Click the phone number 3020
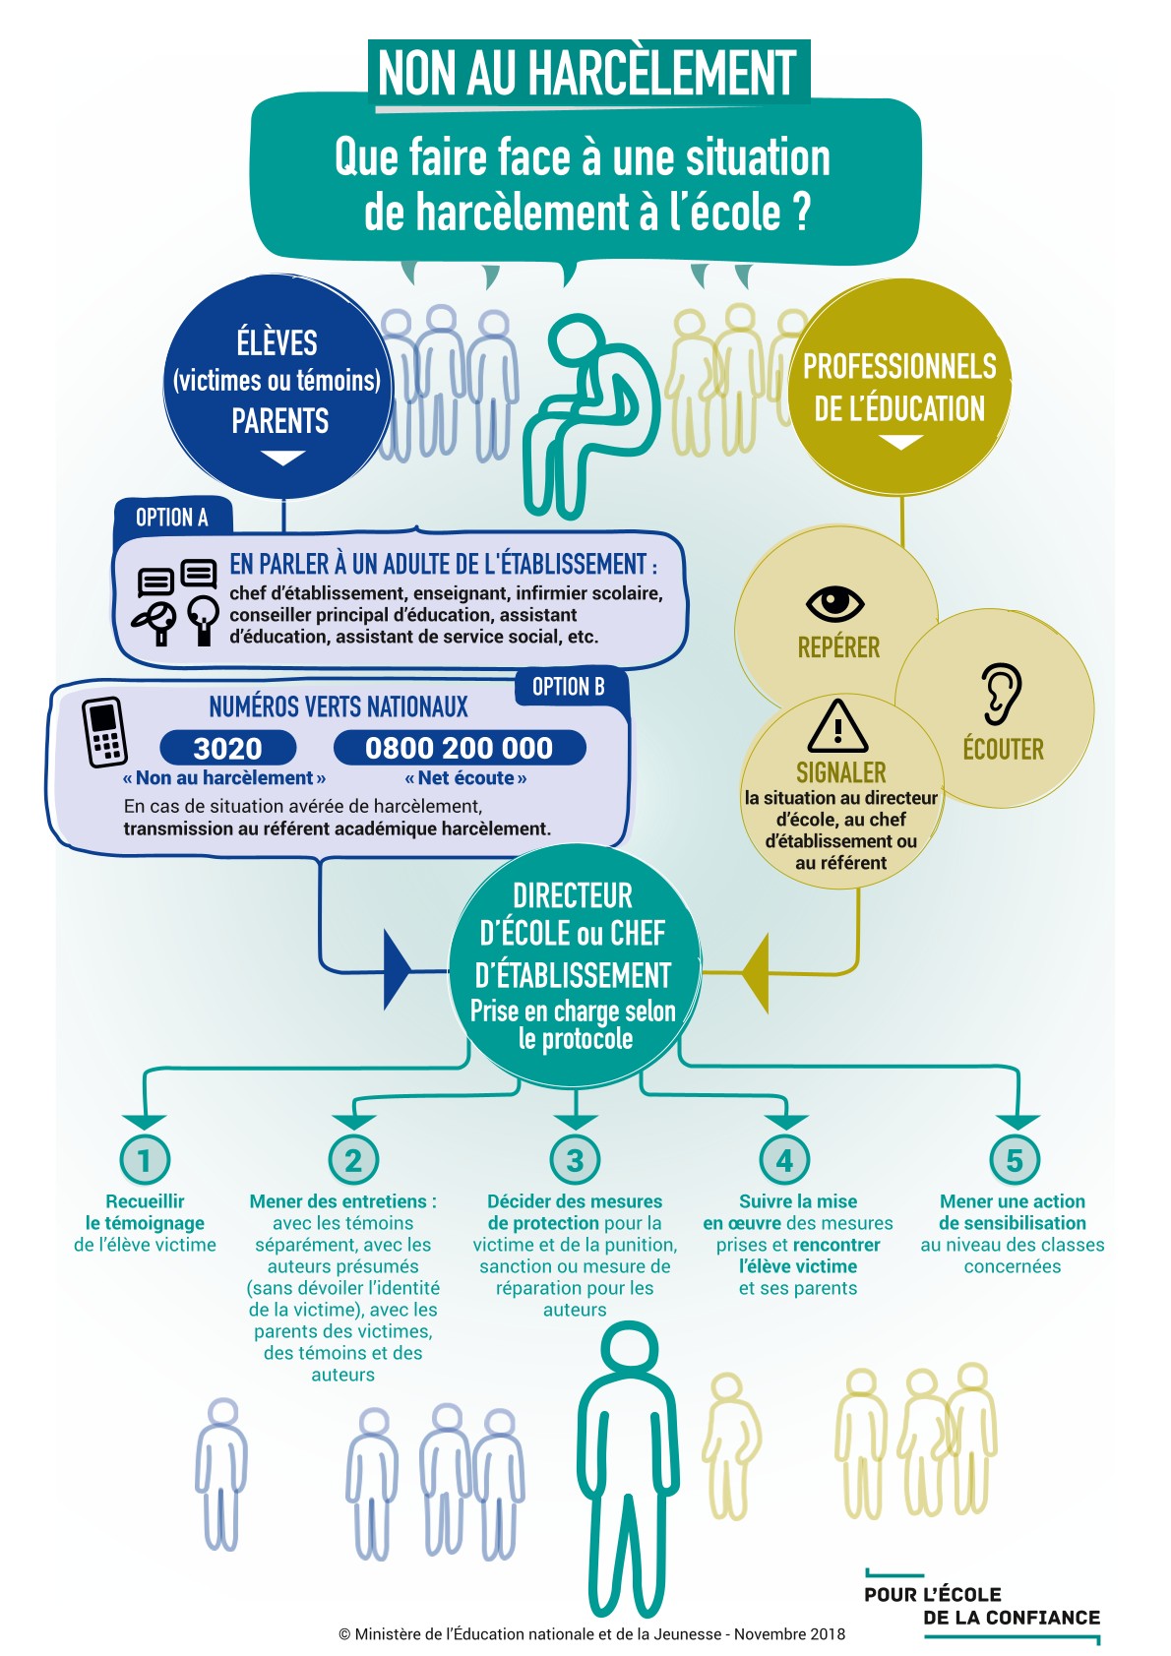227,748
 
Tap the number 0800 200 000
459,748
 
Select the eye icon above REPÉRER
834,602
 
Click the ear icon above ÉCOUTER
1001,694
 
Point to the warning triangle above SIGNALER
837,726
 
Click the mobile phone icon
105,732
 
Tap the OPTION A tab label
172,518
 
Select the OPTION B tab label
568,687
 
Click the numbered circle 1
145,1160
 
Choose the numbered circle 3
576,1160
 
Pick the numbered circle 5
1015,1160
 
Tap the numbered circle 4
784,1160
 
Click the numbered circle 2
353,1160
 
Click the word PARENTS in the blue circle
280,421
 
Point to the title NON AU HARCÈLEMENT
587,72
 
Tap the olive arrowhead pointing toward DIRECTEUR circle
755,972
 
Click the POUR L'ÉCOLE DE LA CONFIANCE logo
982,1606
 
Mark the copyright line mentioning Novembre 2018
591,1634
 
